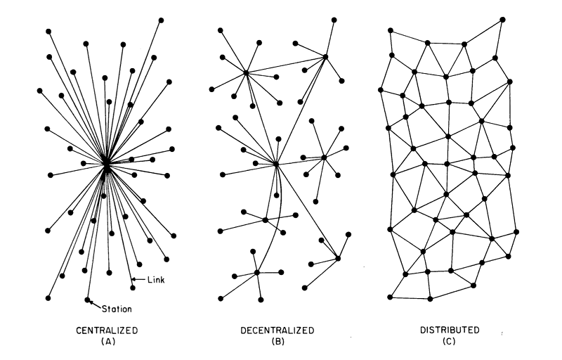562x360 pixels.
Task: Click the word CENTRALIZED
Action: pos(107,329)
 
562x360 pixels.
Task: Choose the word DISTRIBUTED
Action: pos(450,329)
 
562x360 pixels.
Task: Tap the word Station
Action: pos(117,307)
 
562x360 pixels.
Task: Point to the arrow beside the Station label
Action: pos(95,304)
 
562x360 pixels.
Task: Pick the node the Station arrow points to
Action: pos(87,300)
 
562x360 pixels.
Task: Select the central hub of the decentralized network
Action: pos(276,164)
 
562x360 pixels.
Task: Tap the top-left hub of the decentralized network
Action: pos(246,72)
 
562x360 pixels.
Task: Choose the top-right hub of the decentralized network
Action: pos(326,56)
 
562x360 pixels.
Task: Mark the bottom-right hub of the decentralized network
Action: pos(338,258)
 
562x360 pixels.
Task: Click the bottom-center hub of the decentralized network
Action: pos(257,272)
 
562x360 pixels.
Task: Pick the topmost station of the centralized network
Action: pos(161,20)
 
